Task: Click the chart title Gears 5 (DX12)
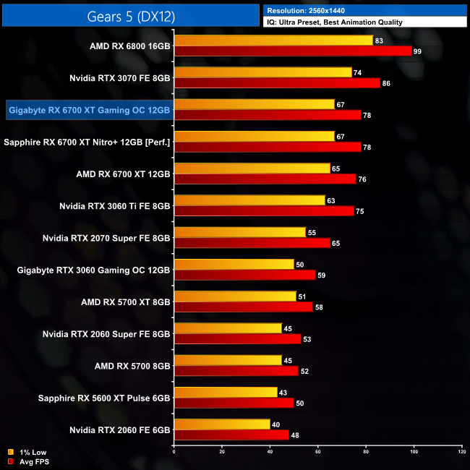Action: coord(131,15)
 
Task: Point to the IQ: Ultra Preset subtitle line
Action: coord(334,22)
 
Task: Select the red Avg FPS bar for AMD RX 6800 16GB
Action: coord(293,51)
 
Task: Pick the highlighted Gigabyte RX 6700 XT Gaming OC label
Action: coord(89,110)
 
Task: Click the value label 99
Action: coord(418,51)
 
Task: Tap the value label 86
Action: coord(387,83)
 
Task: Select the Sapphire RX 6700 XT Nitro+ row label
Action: coord(87,142)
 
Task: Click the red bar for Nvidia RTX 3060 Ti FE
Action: coord(264,210)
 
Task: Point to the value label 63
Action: coord(331,200)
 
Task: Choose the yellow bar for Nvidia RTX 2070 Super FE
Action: coord(240,232)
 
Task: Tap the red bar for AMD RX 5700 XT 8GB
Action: coord(243,307)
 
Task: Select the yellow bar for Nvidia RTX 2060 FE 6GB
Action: coord(222,424)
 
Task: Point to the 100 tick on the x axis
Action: coord(414,452)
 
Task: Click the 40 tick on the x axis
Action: coord(270,452)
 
